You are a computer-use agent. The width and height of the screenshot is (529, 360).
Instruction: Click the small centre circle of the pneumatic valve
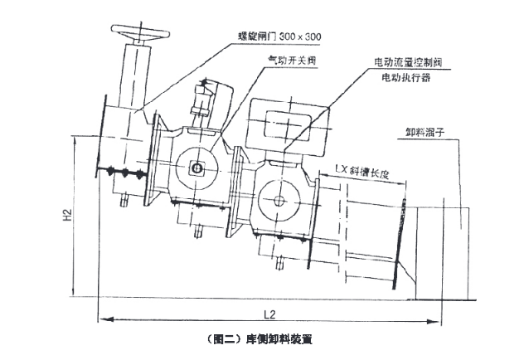pos(200,169)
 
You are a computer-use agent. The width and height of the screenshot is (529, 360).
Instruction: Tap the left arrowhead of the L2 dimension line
pos(102,317)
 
